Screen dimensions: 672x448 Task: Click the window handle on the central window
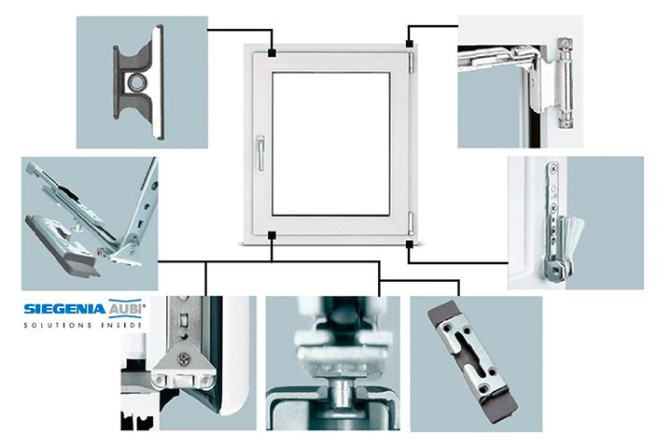[x=260, y=153]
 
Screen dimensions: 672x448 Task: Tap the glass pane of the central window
[x=330, y=144]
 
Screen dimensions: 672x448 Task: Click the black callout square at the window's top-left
[x=272, y=52]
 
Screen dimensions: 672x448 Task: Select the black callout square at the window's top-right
[x=410, y=43]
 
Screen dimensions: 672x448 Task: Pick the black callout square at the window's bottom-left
[x=272, y=235]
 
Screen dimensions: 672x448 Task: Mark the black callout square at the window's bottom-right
[x=410, y=245]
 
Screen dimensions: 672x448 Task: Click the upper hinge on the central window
[x=411, y=63]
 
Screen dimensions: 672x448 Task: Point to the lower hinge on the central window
[x=411, y=223]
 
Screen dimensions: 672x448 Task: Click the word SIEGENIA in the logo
[x=64, y=309]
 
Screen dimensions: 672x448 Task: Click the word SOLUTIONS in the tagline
[x=58, y=325]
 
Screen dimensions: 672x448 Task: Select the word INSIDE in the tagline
[x=121, y=325]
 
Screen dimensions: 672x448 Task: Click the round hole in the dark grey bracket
[x=137, y=81]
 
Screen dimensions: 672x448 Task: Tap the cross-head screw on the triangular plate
[x=184, y=357]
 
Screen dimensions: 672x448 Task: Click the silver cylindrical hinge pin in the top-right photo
[x=566, y=83]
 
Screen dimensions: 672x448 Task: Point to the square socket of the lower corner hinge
[x=552, y=270]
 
